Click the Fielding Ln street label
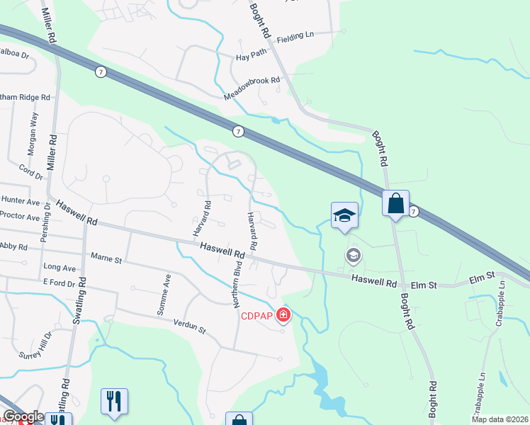click(x=295, y=35)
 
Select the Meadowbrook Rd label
click(x=252, y=81)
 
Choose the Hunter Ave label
click(x=20, y=202)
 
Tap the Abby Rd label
click(x=13, y=246)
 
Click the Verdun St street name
click(x=188, y=327)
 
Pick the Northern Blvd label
click(x=238, y=284)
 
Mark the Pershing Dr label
click(x=45, y=223)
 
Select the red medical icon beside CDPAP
click(x=284, y=314)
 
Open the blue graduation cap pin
click(x=344, y=215)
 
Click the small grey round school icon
click(x=352, y=255)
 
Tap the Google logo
click(x=23, y=416)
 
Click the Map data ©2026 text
click(x=500, y=419)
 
